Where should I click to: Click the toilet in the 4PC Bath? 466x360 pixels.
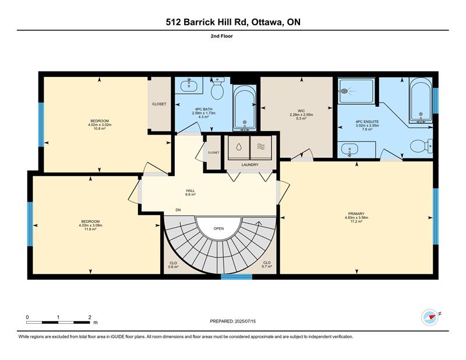(217, 88)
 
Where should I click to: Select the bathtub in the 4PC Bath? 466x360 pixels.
(244, 108)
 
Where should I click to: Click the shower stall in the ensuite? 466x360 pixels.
(356, 91)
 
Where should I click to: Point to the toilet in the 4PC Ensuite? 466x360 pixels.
(421, 146)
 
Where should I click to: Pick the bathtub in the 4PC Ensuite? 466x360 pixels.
(421, 100)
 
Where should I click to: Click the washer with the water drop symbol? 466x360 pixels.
(239, 147)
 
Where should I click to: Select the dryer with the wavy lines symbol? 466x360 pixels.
(260, 147)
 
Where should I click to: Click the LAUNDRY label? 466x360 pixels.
(250, 165)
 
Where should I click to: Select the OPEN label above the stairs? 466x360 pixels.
(219, 228)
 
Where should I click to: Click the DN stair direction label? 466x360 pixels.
(178, 210)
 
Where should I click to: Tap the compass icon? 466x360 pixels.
(430, 317)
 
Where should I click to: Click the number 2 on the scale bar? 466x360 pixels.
(90, 317)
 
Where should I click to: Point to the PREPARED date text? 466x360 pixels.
(232, 321)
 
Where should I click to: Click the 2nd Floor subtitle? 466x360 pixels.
(222, 36)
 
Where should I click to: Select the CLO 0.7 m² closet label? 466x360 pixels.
(267, 264)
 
